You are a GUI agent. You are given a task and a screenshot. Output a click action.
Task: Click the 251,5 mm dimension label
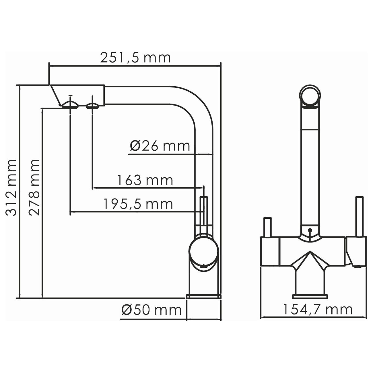pos(135,58)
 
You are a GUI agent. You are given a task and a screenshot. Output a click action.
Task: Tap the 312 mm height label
pos(11,188)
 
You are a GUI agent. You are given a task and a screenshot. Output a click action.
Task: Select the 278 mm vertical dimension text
pos(34,188)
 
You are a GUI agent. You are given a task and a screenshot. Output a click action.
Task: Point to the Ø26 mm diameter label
pos(160,146)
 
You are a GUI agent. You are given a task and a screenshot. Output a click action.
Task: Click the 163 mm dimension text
pos(145,180)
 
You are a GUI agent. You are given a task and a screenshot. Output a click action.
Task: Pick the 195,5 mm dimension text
pos(138,204)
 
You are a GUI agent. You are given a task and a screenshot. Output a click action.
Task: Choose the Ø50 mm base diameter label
pos(151,310)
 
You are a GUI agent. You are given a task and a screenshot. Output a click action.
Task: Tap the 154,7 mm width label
pos(318,310)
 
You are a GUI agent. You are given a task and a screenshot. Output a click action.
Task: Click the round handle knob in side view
pos(204,251)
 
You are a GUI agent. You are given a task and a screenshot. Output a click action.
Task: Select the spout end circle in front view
pos(310,95)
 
